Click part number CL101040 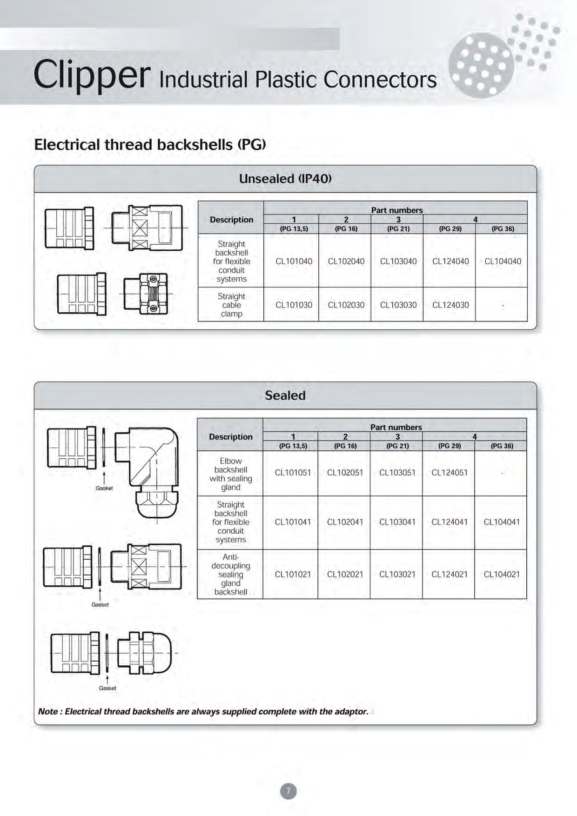294,261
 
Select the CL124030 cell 450,305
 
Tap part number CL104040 503,261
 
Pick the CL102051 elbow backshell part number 345,473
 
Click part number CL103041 397,522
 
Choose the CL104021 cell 502,575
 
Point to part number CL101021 293,575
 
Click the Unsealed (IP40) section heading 285,179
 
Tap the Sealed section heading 285,395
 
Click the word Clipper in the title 92,74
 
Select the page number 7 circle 288,791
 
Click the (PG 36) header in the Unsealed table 503,229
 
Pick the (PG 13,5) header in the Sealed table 293,446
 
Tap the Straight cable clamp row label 231,305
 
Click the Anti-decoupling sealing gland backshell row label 230,575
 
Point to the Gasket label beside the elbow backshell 104,488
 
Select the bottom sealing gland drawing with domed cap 144,653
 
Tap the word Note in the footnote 48,711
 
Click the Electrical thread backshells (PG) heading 150,145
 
